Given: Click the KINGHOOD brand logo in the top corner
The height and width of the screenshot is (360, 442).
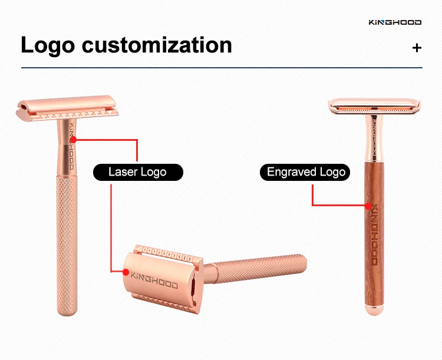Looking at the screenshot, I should [394, 22].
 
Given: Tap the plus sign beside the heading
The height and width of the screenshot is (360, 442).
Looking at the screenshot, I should [417, 48].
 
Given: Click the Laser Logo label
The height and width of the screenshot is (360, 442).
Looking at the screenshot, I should [137, 172].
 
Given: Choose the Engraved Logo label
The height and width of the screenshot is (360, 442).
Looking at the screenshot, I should [306, 172].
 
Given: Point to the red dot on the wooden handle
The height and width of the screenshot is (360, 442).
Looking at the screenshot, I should [368, 206].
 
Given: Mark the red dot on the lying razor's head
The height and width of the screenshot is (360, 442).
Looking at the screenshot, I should [125, 272].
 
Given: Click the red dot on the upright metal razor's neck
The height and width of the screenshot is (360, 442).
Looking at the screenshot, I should [76, 140].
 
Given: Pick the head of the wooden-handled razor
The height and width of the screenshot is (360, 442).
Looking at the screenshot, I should [374, 107].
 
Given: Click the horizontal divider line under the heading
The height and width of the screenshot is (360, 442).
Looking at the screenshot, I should [221, 68].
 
